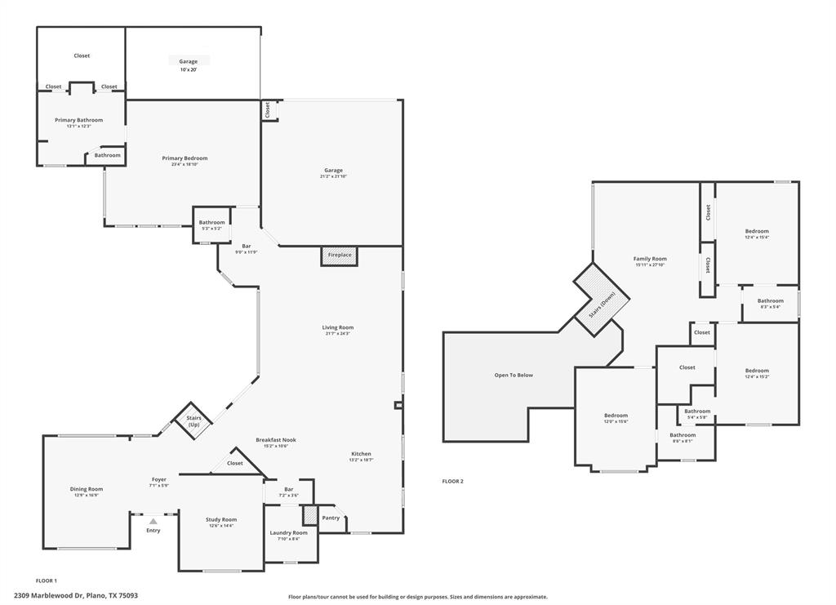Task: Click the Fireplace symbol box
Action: (x=340, y=256)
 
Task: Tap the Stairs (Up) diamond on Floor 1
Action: (x=193, y=421)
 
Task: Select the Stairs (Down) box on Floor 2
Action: (x=603, y=299)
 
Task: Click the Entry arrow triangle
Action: (x=153, y=521)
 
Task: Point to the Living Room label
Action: (x=337, y=327)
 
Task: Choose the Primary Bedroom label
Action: (x=185, y=158)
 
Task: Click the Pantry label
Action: (x=331, y=518)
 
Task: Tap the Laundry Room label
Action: (x=288, y=532)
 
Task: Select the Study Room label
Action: (x=220, y=519)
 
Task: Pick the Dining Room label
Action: (x=86, y=489)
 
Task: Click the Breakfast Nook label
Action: (x=275, y=439)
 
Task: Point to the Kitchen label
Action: (x=361, y=454)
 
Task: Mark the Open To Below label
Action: (x=514, y=375)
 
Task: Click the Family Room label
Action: (x=650, y=259)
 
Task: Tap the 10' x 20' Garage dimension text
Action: (x=189, y=70)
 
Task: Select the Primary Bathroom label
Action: (x=78, y=120)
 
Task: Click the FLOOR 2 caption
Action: (x=452, y=482)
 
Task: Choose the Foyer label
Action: (x=158, y=479)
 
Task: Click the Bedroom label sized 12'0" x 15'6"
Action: (x=616, y=415)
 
